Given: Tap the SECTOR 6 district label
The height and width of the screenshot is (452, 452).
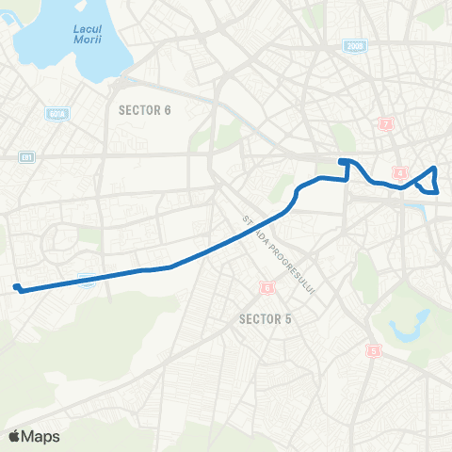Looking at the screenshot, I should [145, 110].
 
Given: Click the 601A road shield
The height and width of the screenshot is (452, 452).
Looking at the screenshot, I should [55, 114].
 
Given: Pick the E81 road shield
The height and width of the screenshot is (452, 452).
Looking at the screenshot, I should [25, 157].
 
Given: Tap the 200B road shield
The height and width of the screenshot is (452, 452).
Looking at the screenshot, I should [355, 46].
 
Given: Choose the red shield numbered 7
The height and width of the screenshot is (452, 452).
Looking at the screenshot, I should [385, 124].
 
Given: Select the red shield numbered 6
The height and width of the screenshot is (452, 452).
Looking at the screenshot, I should [267, 287].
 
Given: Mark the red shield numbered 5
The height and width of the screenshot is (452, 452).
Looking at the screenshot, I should [374, 351].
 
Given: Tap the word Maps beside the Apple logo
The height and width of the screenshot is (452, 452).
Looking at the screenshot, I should [41, 436].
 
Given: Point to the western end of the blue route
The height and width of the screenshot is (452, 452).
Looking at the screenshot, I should [17, 287].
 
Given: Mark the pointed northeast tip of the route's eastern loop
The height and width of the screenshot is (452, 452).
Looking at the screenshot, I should [434, 169].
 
